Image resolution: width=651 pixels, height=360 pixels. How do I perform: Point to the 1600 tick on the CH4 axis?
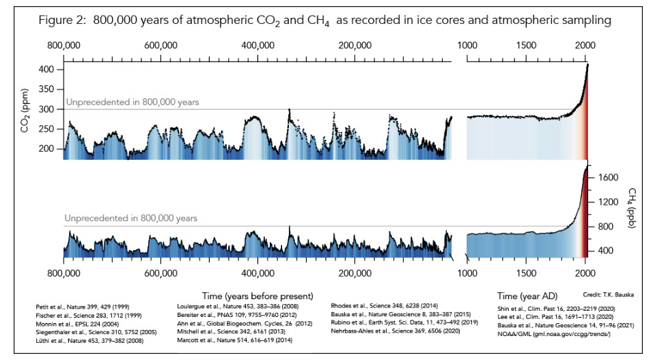[x=608, y=178]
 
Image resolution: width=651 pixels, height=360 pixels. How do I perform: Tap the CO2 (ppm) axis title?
[x=25, y=109]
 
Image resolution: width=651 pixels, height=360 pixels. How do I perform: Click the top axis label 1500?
[x=525, y=46]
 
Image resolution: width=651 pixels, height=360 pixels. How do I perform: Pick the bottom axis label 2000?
[x=585, y=275]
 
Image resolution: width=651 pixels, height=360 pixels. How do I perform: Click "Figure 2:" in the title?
[x=64, y=20]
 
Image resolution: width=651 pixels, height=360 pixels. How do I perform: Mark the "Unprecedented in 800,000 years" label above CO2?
[x=133, y=102]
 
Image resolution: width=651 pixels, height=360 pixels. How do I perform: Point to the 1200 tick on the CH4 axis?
[x=608, y=202]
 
